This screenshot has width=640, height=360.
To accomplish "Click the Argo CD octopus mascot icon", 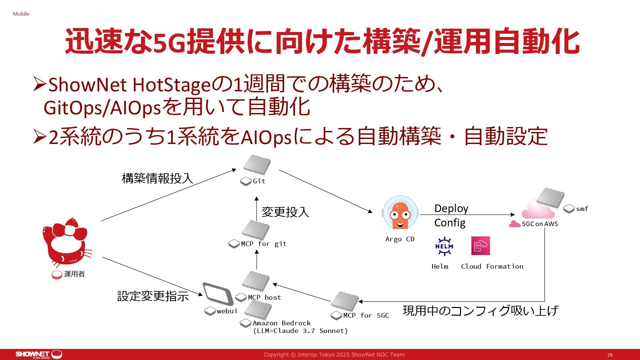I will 400,213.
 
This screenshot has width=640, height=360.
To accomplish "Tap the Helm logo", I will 444,247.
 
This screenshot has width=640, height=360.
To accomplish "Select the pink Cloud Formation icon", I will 480,246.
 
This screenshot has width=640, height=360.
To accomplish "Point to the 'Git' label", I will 259,181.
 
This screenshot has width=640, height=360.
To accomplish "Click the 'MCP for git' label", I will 264,244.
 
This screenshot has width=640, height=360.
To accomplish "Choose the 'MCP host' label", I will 264,297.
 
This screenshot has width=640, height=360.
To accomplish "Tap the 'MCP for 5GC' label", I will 366,315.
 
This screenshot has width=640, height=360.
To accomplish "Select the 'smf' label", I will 582,209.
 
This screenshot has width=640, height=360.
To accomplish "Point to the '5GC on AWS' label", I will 540,224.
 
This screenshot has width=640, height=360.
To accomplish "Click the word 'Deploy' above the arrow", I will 451,208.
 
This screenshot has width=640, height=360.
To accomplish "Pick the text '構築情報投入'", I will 157,178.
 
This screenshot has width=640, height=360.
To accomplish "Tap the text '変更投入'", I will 285,212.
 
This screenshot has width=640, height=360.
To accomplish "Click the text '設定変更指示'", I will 153,296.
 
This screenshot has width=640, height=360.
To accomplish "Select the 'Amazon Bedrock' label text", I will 282,323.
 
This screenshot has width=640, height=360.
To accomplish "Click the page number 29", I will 610,355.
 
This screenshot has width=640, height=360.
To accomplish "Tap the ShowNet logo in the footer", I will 39,354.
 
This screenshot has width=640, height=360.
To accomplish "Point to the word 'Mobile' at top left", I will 21,14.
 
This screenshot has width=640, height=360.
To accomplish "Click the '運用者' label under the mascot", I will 74,274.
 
